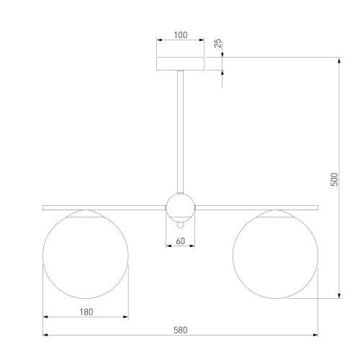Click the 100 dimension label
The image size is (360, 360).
(181, 35)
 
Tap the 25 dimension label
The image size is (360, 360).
(217, 43)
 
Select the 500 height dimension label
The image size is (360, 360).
(334, 179)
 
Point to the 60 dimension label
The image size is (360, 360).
(181, 241)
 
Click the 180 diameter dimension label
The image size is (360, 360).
(86, 312)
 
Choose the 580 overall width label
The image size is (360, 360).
(181, 330)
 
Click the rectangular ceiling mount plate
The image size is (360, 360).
(180, 63)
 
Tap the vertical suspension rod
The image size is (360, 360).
(180, 132)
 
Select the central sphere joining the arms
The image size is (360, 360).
(180, 208)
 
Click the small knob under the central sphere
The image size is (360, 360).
(180, 225)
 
